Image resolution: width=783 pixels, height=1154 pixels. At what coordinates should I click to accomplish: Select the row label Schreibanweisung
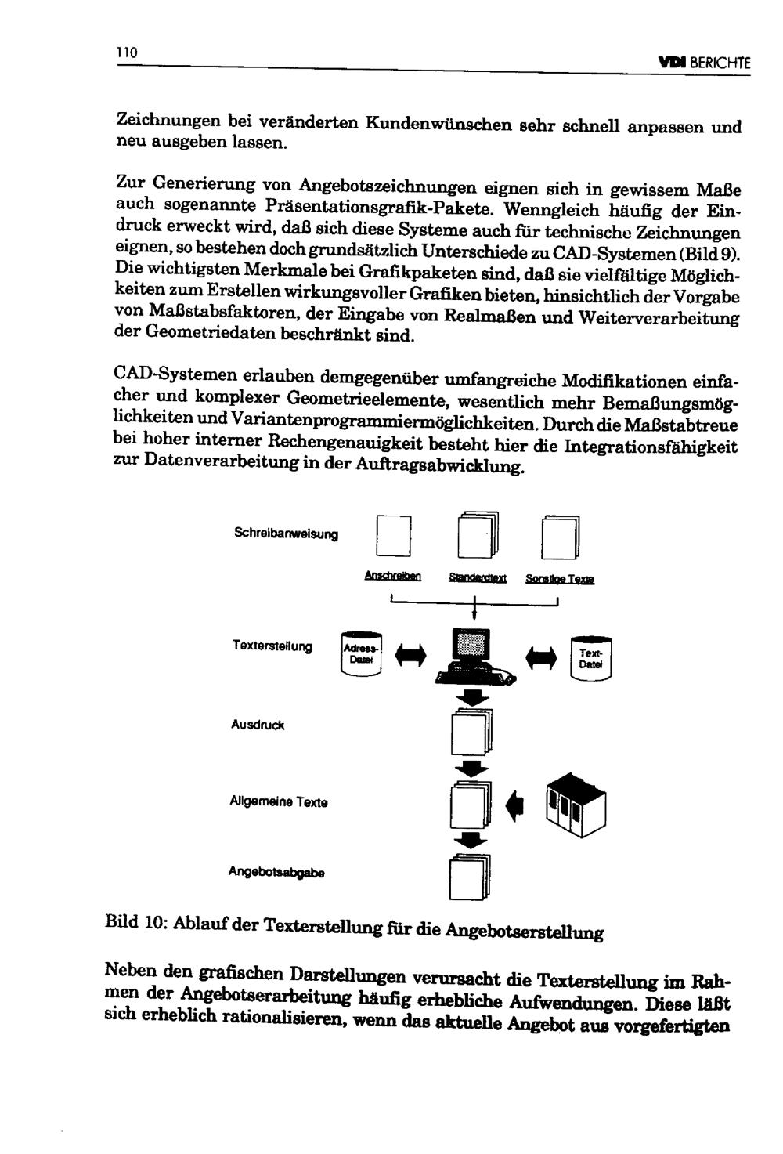[x=286, y=534]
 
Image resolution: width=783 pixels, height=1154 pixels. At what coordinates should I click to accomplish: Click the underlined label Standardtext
[x=478, y=579]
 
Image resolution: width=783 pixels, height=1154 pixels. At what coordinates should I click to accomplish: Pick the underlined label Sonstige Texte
[x=560, y=580]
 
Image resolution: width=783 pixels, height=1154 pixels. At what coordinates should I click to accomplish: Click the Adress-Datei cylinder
[x=362, y=653]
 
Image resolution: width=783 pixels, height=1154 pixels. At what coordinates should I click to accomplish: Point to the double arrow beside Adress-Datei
[x=411, y=655]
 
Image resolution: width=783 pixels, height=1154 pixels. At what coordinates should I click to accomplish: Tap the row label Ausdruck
[x=258, y=725]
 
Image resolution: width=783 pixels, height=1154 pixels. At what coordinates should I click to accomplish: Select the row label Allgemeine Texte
[x=279, y=802]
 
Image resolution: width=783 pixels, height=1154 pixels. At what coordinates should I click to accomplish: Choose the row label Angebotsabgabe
[x=276, y=872]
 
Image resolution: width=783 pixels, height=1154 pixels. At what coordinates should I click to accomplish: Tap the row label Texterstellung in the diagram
[x=272, y=646]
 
